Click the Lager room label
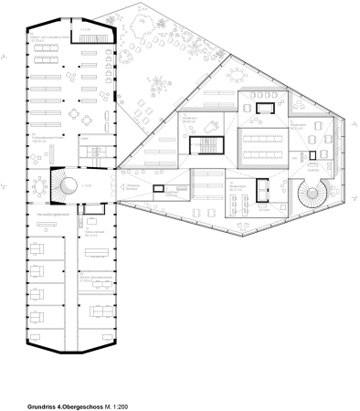coord(84,138)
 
